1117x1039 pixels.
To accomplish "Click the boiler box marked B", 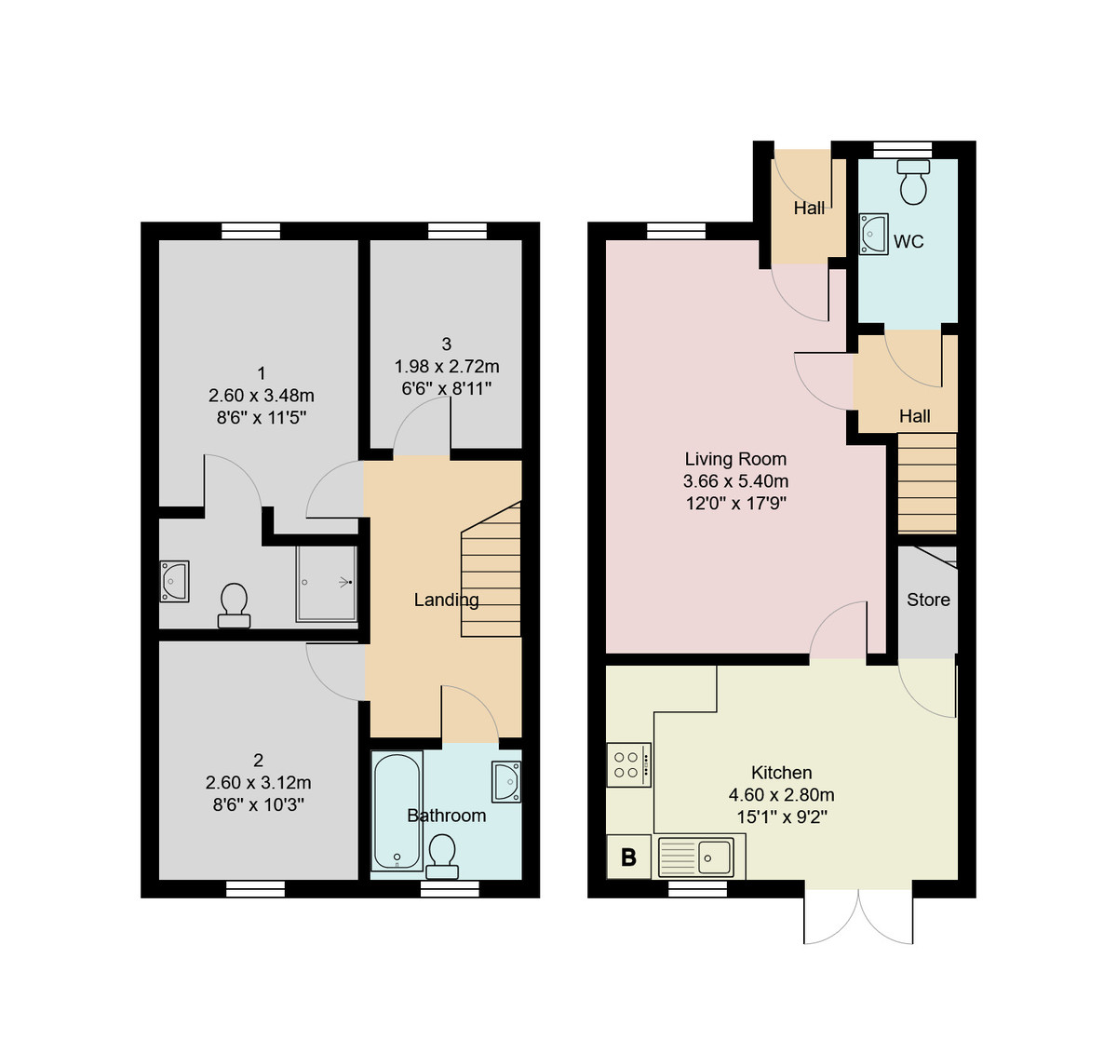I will [628, 857].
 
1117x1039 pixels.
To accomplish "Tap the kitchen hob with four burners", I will [628, 764].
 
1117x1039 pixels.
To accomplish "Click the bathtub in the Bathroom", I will [397, 810].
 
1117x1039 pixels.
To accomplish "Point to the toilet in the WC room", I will [913, 182].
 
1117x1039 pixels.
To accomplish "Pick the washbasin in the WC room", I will [873, 234].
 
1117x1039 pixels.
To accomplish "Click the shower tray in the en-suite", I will [326, 584].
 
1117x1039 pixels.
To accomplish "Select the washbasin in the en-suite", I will [174, 581].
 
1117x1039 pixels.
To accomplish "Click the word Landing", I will [447, 600].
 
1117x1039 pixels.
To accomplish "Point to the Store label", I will [928, 600].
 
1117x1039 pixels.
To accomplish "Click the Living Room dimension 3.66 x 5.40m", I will [735, 481].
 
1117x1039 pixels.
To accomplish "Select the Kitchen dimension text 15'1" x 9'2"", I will [781, 817].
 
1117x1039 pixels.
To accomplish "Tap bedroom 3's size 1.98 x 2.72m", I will [447, 366].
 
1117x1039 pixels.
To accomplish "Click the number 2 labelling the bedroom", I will [258, 761].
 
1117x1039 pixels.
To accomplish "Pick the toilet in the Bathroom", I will [442, 856].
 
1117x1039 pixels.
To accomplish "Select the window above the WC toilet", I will [903, 147].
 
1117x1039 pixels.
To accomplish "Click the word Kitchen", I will [781, 773].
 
